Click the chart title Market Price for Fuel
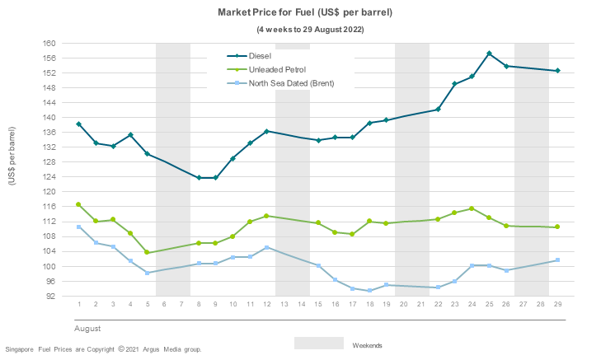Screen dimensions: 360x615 click(304, 13)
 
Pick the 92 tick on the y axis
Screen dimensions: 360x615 click(50, 297)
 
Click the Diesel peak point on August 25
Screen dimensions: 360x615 click(490, 54)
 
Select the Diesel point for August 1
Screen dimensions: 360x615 click(79, 124)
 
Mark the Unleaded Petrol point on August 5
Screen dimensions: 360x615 click(148, 252)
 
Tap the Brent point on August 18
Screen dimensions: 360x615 click(369, 291)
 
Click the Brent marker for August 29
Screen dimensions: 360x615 click(557, 260)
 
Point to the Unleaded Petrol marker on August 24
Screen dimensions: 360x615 click(472, 208)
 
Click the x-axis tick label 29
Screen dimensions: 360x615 click(557, 305)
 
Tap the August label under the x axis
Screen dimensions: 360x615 click(88, 328)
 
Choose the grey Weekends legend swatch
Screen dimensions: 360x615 click(318, 344)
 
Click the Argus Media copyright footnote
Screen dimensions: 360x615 click(103, 350)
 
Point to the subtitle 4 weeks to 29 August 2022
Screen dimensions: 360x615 click(309, 29)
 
